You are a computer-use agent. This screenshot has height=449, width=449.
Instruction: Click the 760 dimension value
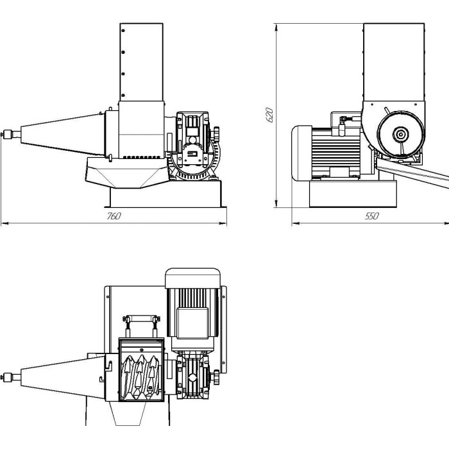114,216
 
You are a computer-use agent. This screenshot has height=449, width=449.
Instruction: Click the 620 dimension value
269,115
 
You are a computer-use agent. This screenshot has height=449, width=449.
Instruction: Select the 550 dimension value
371,216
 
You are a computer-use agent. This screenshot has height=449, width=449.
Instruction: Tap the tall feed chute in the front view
142,62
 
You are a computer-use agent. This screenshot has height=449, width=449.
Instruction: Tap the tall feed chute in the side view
394,62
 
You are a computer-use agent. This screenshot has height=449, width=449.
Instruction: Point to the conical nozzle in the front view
63,134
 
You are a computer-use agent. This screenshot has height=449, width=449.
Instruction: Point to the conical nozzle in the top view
63,377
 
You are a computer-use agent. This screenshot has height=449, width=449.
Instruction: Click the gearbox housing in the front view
192,139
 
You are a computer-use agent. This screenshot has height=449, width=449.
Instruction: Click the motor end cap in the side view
302,153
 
